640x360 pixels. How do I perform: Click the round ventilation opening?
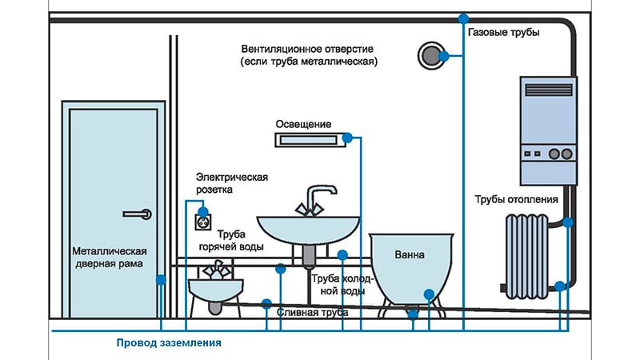(x=431, y=54)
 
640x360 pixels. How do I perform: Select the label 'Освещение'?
(x=303, y=124)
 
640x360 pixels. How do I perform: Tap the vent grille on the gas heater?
(x=548, y=87)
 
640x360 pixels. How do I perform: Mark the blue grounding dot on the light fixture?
(x=347, y=139)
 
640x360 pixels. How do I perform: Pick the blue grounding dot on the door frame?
(x=161, y=279)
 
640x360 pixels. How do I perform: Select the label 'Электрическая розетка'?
(x=232, y=183)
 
